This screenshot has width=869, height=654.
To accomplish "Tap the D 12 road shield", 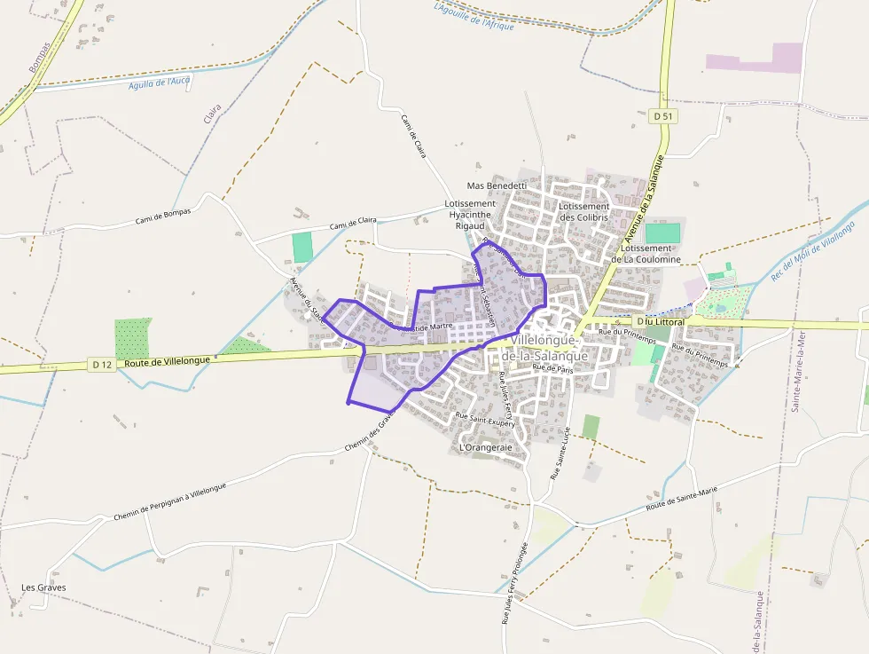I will click(x=101, y=364).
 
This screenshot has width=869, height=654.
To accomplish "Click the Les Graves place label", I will click(x=43, y=587).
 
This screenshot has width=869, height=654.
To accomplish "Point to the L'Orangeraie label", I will click(x=486, y=448).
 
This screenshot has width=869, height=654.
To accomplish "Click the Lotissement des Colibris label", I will click(x=583, y=212).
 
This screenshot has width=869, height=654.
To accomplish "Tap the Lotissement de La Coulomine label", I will click(x=652, y=254).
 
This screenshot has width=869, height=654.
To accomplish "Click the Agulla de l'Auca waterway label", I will click(x=160, y=83).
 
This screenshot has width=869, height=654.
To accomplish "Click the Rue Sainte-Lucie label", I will click(x=560, y=453).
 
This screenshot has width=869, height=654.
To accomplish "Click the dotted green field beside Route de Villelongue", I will click(x=133, y=338).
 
